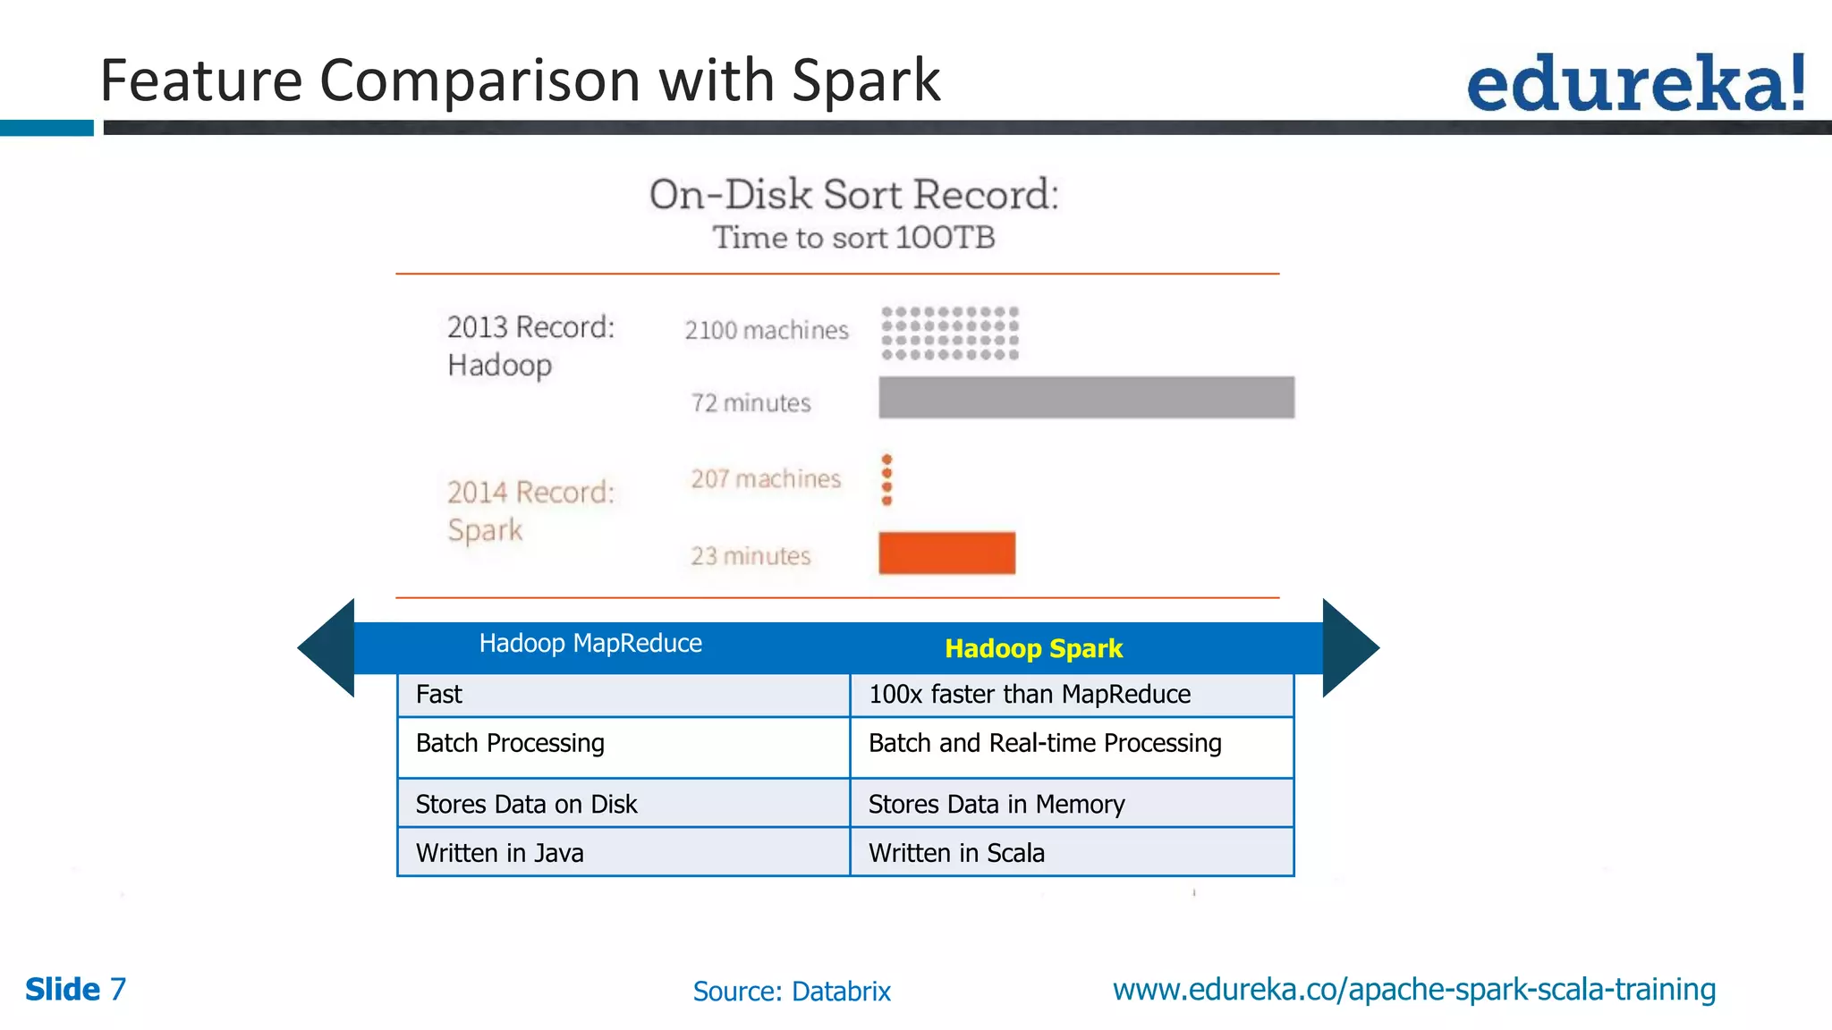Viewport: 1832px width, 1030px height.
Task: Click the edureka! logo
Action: (x=1635, y=83)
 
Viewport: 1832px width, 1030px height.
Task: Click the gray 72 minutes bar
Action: (x=1086, y=397)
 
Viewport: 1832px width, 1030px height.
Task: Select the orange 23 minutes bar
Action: (x=946, y=553)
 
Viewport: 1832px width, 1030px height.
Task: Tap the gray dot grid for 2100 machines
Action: (x=950, y=333)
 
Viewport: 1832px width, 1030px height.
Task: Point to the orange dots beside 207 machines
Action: (x=886, y=479)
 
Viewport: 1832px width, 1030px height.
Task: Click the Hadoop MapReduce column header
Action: (x=590, y=644)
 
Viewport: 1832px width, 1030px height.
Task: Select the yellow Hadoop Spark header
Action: (x=1033, y=648)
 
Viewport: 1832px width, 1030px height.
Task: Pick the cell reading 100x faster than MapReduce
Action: (x=1029, y=695)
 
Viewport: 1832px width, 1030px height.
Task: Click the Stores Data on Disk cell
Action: (x=527, y=804)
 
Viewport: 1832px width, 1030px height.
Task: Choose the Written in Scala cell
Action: (x=956, y=853)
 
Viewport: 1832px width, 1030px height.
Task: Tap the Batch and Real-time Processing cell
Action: (x=1044, y=744)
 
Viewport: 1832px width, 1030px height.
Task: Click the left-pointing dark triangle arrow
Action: (x=328, y=647)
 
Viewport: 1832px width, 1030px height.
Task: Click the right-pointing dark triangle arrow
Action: (x=1348, y=647)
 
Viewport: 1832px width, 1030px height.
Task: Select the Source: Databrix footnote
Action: (x=792, y=991)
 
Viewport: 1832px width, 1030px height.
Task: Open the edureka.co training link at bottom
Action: (x=1413, y=989)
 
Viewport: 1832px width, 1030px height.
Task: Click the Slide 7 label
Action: (x=75, y=989)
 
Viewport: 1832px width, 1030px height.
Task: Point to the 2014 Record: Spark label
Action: (x=530, y=511)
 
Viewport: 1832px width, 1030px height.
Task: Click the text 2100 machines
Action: (x=766, y=331)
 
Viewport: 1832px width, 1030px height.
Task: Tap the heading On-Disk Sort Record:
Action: (x=853, y=195)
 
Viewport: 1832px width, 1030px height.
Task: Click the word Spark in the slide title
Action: (x=865, y=81)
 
